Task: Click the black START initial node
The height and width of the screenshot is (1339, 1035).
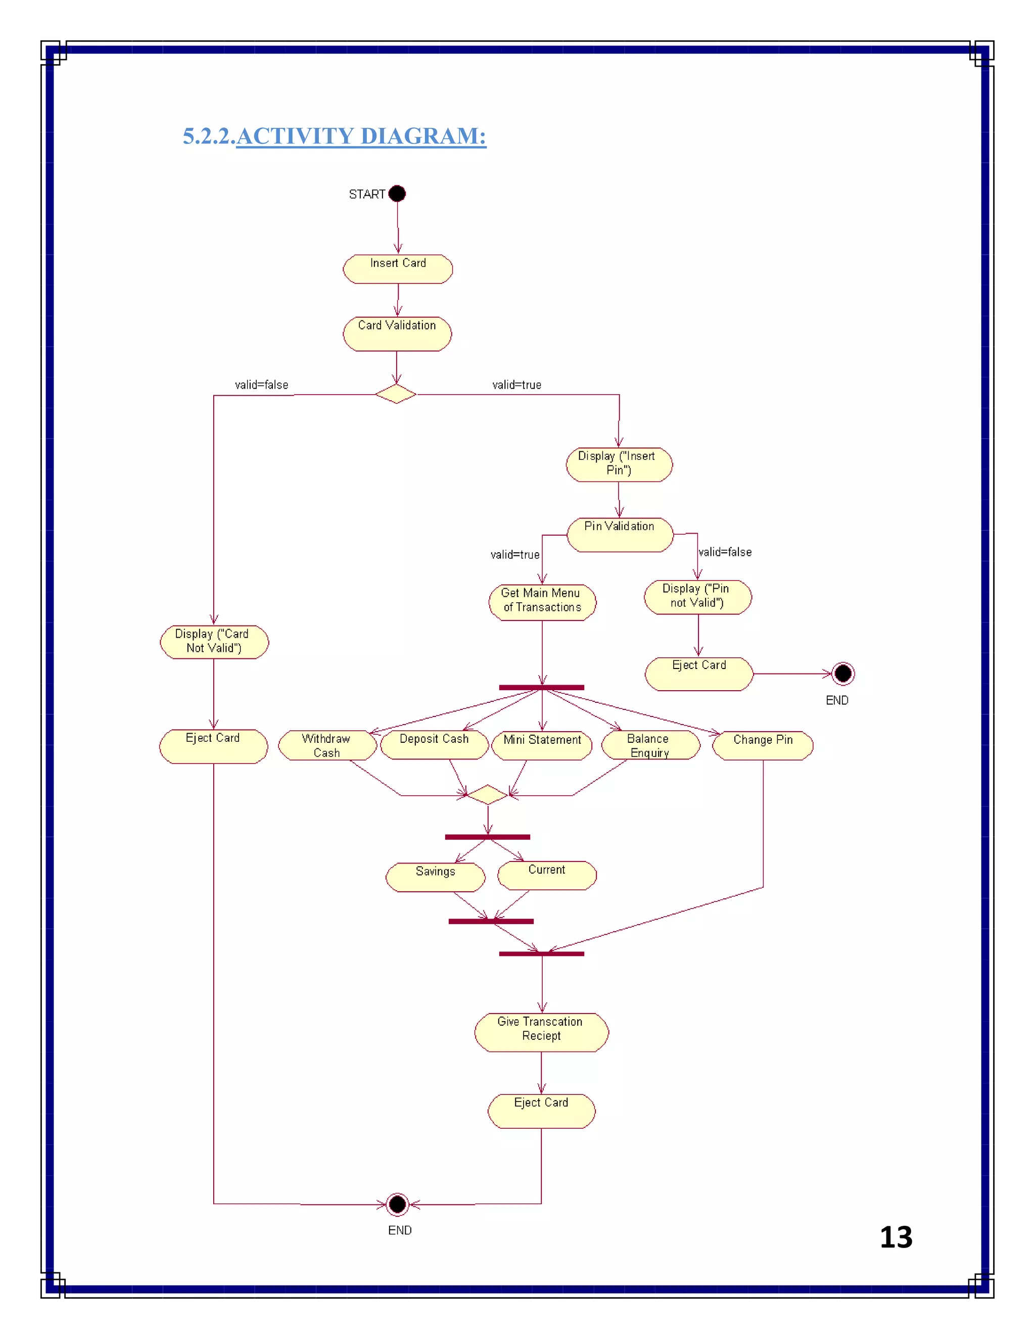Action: (397, 194)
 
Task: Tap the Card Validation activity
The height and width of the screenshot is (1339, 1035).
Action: (397, 333)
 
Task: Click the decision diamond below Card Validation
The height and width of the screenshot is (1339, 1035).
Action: (396, 394)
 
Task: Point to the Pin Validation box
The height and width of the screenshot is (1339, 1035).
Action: (619, 535)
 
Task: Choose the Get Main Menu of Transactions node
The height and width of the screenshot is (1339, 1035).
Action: (542, 602)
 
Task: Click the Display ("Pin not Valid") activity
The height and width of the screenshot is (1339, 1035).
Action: (697, 597)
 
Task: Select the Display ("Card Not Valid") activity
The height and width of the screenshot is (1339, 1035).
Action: (213, 642)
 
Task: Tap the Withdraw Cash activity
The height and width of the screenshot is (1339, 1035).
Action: (327, 745)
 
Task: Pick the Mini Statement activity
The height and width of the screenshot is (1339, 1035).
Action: (542, 745)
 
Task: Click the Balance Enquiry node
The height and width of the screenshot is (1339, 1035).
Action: (650, 745)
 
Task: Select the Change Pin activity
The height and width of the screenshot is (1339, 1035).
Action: (763, 745)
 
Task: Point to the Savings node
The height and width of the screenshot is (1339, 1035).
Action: (435, 877)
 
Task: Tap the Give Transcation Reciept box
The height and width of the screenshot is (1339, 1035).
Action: (541, 1032)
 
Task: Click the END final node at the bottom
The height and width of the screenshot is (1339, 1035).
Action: (397, 1204)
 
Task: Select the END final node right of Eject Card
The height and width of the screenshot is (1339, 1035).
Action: (842, 674)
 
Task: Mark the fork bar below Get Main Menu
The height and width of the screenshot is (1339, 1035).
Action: (541, 687)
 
